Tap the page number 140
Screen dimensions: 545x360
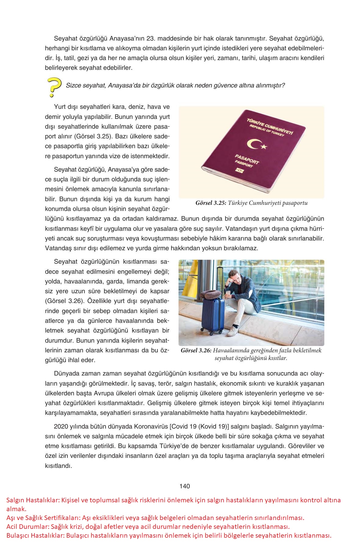point(185,486)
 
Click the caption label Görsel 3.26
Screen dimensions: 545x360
point(196,351)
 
